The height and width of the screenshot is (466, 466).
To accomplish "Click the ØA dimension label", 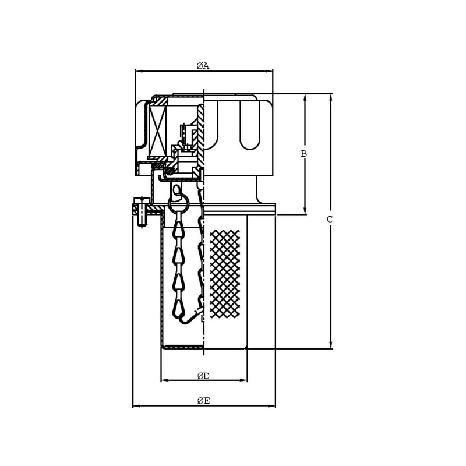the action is (x=203, y=66).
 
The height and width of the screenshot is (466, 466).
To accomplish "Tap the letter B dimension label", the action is (x=303, y=154).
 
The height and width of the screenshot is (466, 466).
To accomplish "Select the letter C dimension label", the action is (x=330, y=220).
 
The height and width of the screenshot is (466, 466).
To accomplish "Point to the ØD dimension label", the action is (x=203, y=376).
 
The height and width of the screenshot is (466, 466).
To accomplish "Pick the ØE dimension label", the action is (x=203, y=401).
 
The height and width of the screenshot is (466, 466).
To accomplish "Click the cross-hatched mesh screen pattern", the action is (x=225, y=274).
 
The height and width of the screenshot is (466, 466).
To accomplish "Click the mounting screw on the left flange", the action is (x=142, y=212).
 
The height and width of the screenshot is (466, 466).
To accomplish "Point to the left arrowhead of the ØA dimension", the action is (x=139, y=71).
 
